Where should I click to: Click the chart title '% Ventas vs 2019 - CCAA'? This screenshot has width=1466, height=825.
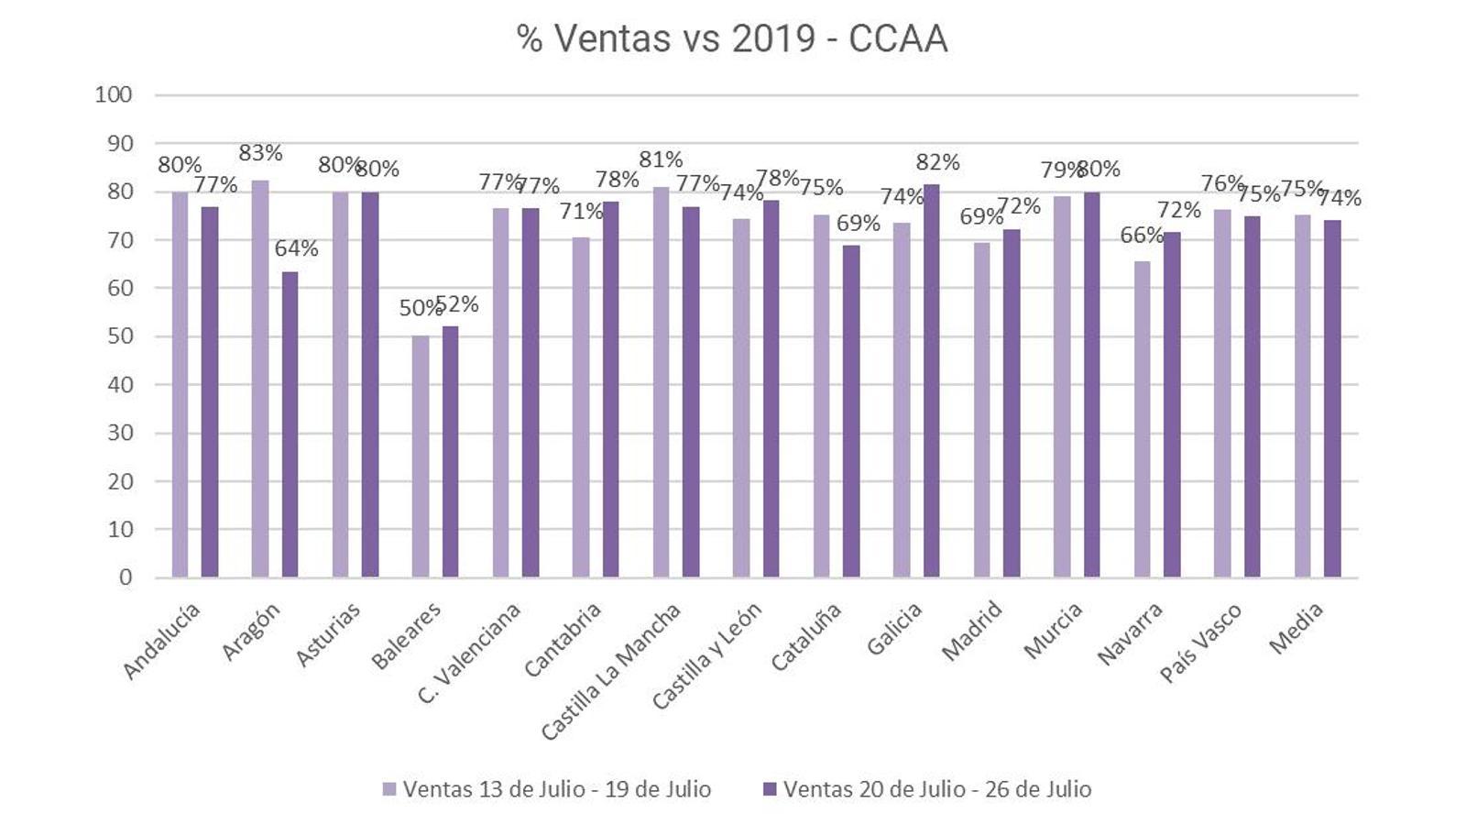point(731,39)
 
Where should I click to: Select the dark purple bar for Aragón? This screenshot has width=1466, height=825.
point(290,423)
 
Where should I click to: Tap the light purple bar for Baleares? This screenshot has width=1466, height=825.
point(420,456)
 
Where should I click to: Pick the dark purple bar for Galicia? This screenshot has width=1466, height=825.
point(931,380)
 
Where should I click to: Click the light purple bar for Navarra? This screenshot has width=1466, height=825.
point(1142,419)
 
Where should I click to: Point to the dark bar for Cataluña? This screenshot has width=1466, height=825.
point(851,411)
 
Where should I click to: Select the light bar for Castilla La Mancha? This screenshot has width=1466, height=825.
point(661,381)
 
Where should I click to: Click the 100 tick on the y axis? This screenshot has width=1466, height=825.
point(114,94)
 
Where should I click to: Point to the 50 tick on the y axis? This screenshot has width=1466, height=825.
point(120,336)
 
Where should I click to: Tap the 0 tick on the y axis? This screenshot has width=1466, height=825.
point(126,577)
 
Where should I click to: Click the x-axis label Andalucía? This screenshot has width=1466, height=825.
point(161,641)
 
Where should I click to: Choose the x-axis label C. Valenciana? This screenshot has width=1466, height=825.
point(469,652)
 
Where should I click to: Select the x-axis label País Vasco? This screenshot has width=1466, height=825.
point(1200,643)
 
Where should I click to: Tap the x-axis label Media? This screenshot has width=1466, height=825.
point(1296,628)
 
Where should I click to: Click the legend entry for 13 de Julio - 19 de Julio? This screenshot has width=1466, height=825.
point(547,789)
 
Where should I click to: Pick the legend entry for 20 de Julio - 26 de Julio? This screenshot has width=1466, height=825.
point(927,789)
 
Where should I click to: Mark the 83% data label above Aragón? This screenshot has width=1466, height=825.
point(260,153)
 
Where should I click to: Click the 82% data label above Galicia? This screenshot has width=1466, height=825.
point(937,162)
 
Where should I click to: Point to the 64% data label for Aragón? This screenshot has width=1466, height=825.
point(296,248)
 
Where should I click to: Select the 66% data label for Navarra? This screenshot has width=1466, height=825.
point(1142,236)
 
